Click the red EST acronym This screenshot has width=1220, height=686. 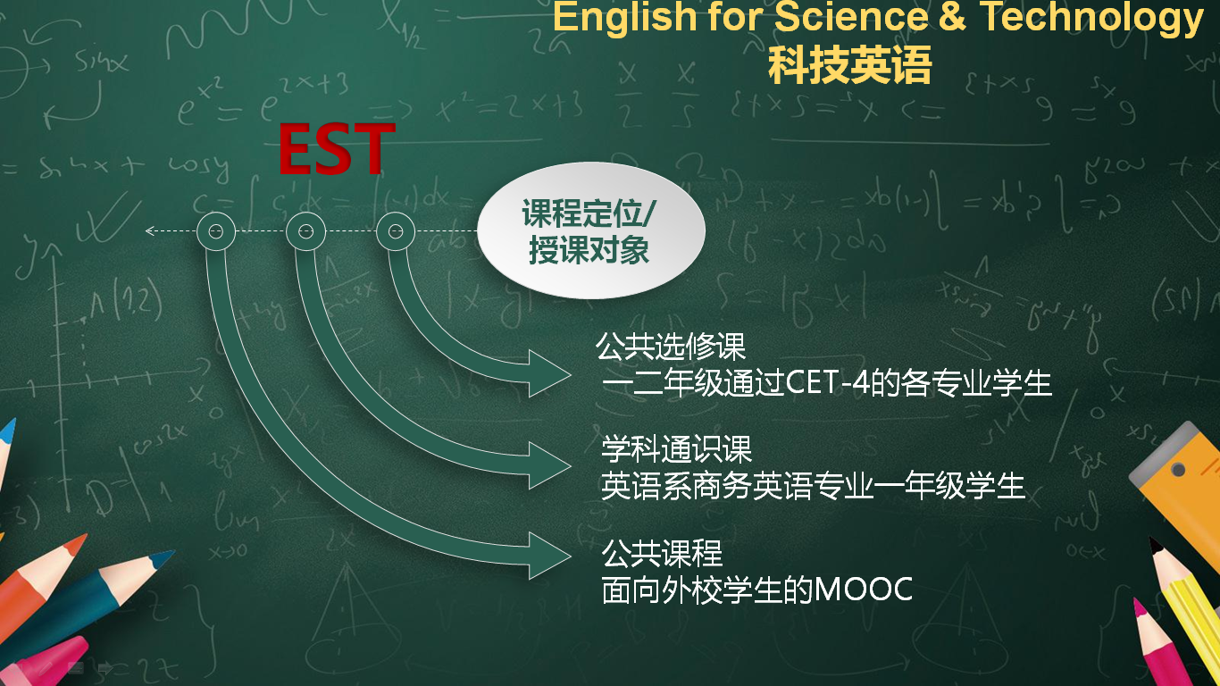[336, 149]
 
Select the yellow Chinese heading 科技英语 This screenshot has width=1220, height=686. [849, 65]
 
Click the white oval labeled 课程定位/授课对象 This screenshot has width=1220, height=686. [591, 230]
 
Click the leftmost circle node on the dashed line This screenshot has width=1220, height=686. [215, 231]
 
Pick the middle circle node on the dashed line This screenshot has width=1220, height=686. [305, 231]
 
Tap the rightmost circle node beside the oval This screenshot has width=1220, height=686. [396, 231]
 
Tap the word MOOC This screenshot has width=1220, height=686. [864, 589]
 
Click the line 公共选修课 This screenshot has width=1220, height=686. [671, 346]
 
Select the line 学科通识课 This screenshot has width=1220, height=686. [676, 449]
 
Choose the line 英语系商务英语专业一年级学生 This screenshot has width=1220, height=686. [813, 486]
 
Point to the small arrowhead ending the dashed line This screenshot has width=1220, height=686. [148, 231]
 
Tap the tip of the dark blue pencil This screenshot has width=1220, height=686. [173, 551]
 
